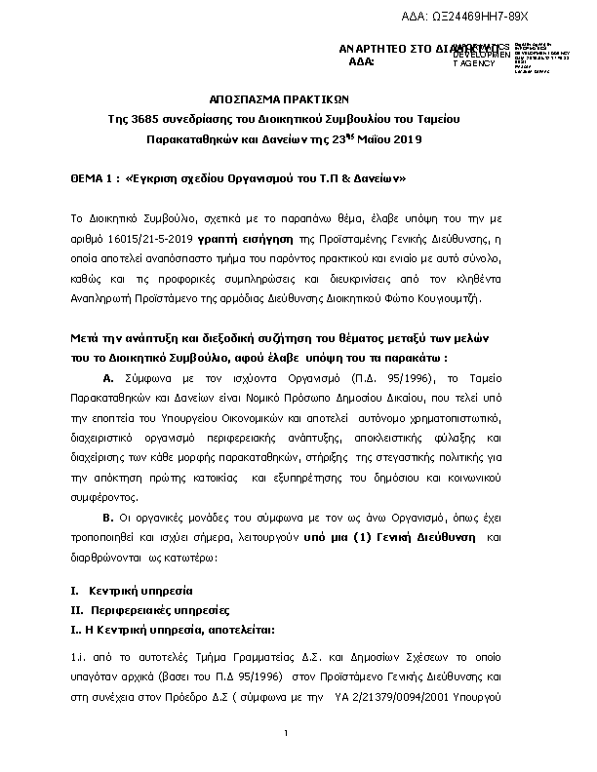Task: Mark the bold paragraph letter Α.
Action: click(108, 377)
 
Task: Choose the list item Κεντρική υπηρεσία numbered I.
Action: click(140, 591)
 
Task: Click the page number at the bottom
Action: click(287, 734)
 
